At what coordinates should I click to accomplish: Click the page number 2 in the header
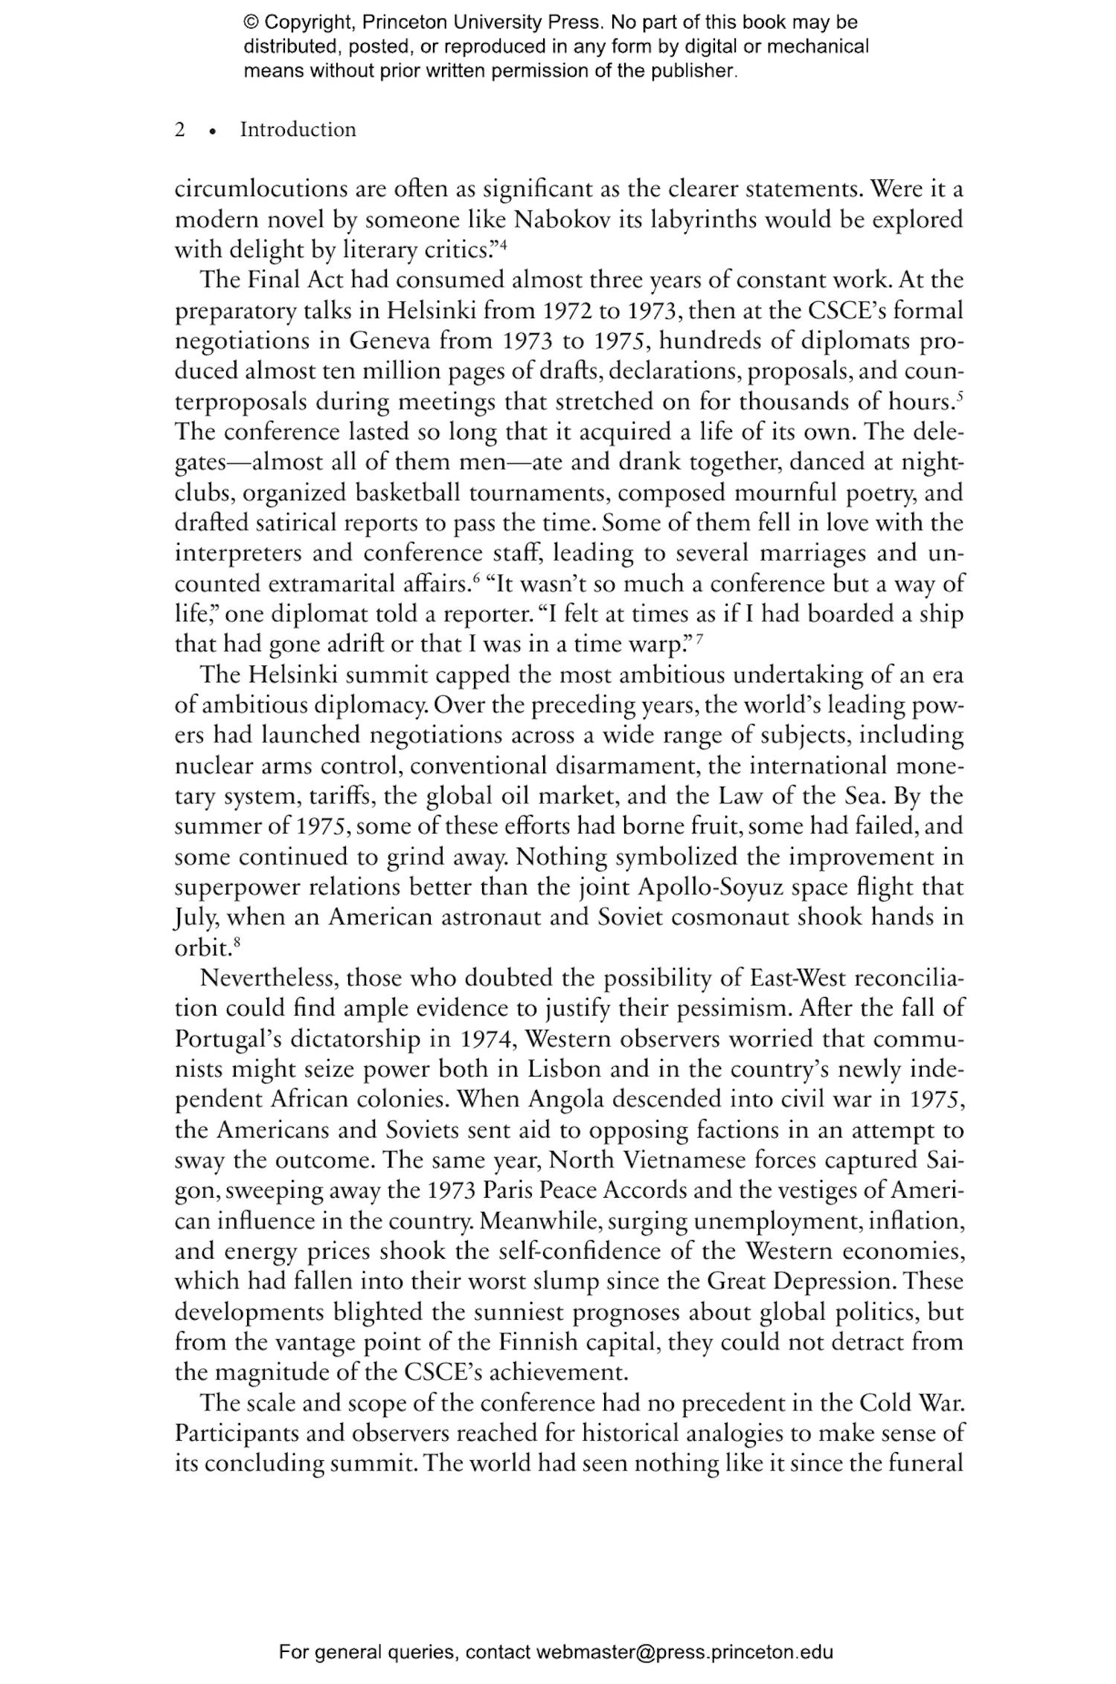pyautogui.click(x=180, y=130)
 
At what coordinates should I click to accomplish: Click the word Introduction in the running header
pyautogui.click(x=298, y=130)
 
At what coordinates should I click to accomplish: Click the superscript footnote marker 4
pyautogui.click(x=503, y=245)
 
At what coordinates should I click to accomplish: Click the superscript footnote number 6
pyautogui.click(x=473, y=578)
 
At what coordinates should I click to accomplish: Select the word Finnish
pyautogui.click(x=538, y=1343)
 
